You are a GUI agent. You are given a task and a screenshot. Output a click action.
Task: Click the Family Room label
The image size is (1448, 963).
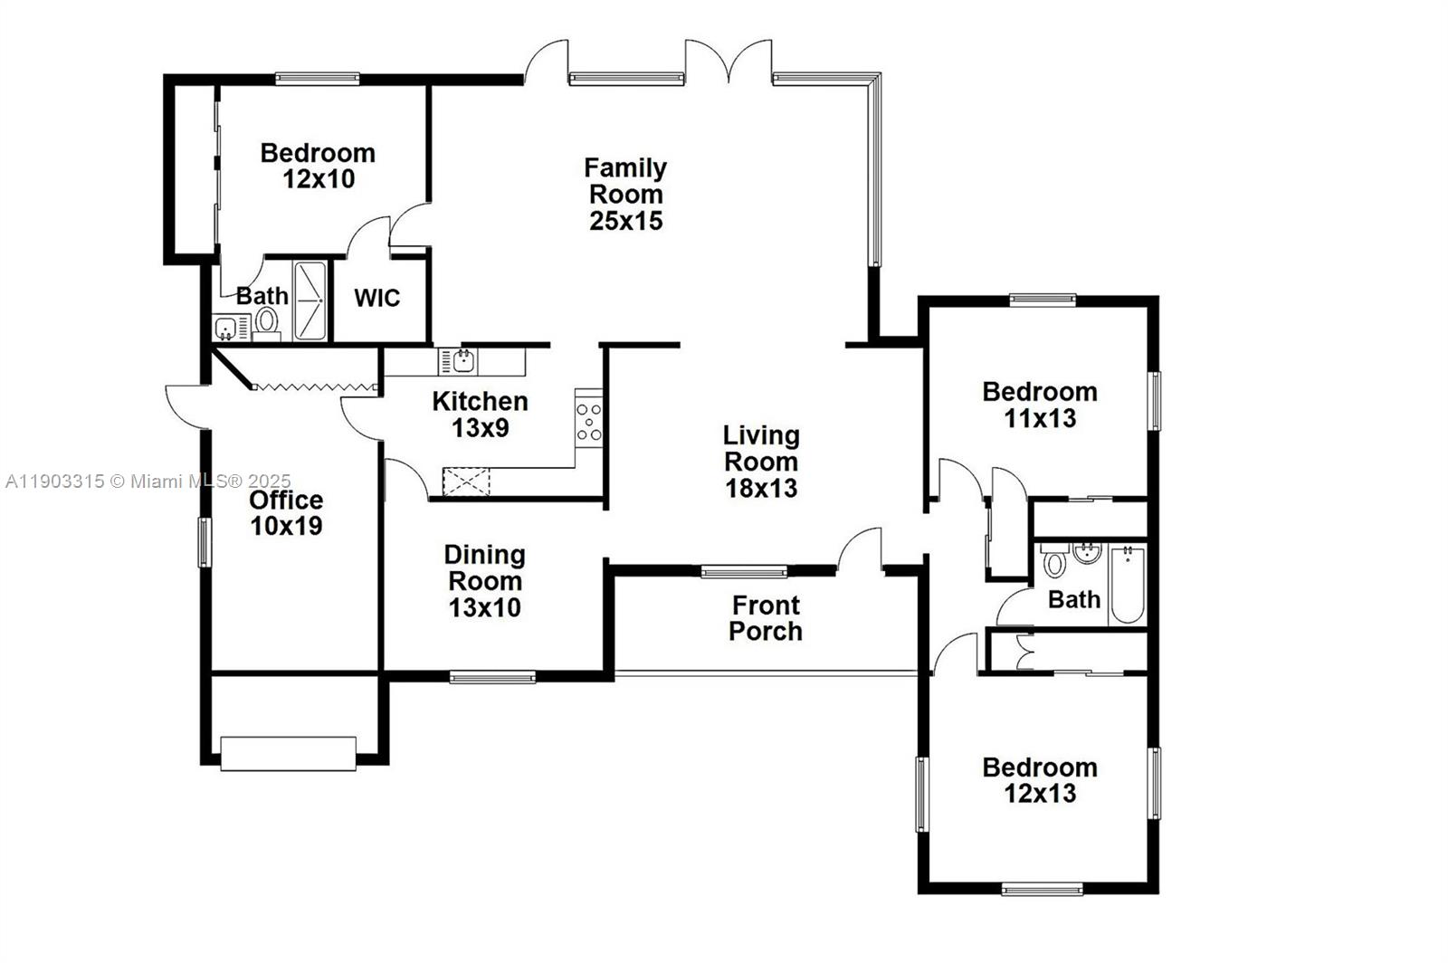(x=625, y=181)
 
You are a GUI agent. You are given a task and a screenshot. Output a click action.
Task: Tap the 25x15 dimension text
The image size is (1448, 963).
(x=625, y=221)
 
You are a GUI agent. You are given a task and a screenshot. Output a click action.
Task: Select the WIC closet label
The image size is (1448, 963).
(x=376, y=299)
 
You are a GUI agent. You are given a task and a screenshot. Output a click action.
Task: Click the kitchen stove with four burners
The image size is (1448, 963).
(x=588, y=422)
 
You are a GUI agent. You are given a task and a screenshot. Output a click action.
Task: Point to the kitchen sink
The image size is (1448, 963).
(x=462, y=361)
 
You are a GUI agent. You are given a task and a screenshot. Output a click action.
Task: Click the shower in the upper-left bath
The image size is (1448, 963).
(x=309, y=300)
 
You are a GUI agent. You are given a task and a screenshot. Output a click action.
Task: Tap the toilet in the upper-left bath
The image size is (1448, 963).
(x=266, y=320)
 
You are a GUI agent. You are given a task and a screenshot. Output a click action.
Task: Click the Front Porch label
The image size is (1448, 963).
(x=766, y=618)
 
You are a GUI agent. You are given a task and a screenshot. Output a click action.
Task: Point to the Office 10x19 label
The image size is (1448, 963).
(x=286, y=513)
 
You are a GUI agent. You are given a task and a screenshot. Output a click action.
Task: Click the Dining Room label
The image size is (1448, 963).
(x=484, y=567)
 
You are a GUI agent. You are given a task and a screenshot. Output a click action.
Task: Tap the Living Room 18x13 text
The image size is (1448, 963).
(x=761, y=462)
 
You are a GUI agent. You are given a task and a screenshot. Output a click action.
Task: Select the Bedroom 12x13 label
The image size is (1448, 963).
(x=1040, y=780)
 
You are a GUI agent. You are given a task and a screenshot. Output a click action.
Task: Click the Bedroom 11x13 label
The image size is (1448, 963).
(x=1040, y=405)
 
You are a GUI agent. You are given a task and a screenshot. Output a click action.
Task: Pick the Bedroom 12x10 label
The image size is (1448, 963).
(x=318, y=166)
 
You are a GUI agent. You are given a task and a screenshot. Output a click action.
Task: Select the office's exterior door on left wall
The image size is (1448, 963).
(x=186, y=404)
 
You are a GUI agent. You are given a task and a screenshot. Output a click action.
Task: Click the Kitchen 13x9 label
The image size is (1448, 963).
(x=480, y=415)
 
